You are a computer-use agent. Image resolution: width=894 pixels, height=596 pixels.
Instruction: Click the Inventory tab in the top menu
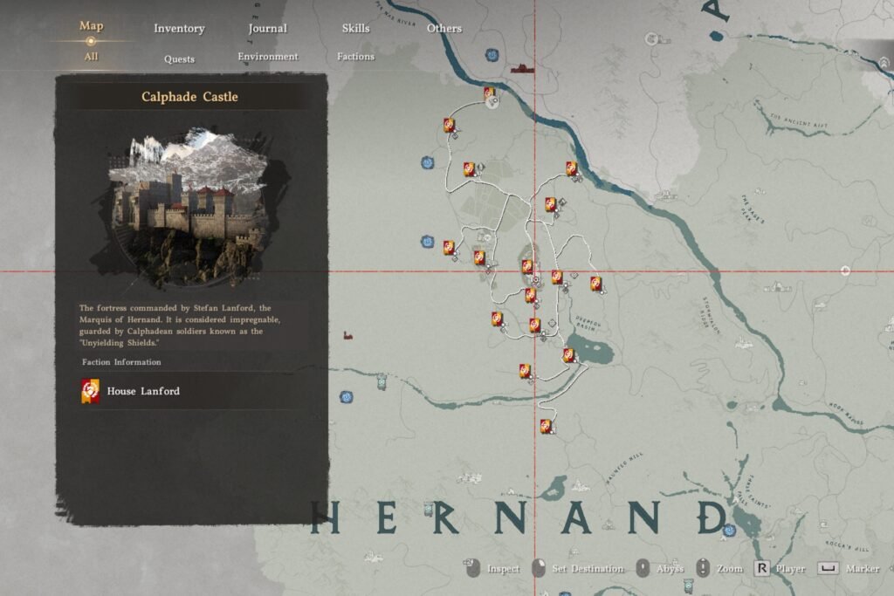(x=179, y=28)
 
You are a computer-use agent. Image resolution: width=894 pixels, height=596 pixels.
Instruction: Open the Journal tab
(x=267, y=28)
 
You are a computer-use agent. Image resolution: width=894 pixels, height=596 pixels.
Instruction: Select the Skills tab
(x=355, y=28)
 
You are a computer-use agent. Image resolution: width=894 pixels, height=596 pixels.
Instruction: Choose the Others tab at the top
(x=444, y=28)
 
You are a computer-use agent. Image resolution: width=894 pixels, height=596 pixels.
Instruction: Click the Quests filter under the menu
(x=179, y=59)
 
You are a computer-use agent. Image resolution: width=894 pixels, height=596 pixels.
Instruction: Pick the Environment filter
(x=268, y=57)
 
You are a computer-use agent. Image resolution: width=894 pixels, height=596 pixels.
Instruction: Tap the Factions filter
(x=355, y=57)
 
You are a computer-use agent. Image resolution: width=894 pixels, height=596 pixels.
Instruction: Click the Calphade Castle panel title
(x=189, y=97)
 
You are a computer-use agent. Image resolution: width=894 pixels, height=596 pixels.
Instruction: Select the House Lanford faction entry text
(x=143, y=391)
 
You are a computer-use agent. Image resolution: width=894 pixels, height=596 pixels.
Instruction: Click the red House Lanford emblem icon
(x=91, y=391)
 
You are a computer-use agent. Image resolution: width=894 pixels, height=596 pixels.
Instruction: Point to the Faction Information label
(x=121, y=362)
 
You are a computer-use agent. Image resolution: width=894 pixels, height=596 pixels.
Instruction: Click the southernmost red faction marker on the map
(x=547, y=426)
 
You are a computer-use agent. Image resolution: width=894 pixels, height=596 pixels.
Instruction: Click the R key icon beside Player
(x=761, y=569)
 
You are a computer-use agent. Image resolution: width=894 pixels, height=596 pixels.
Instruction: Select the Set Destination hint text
(x=588, y=569)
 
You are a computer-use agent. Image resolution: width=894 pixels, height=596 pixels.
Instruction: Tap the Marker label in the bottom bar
(x=862, y=569)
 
